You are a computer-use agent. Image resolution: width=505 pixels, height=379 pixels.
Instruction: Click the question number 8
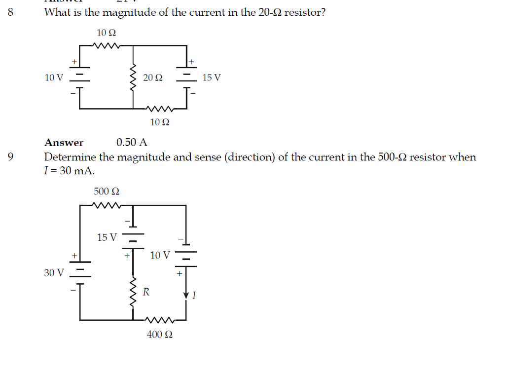click(11, 12)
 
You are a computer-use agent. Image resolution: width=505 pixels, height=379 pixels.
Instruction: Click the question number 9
click(11, 157)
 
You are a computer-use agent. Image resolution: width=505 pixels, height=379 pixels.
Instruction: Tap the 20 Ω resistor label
click(152, 78)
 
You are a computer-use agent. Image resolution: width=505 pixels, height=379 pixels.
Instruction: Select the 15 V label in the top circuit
click(212, 78)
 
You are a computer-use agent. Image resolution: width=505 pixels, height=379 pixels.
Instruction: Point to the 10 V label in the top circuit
click(54, 78)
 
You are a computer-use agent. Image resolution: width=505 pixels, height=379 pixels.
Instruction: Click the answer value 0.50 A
click(132, 143)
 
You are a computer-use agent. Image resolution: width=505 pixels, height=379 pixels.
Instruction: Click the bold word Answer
click(64, 143)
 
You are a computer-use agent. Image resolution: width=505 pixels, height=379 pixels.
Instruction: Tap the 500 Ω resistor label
click(106, 191)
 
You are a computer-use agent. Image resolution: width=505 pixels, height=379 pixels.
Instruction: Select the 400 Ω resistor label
click(160, 335)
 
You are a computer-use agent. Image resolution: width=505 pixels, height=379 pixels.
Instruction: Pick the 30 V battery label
click(54, 272)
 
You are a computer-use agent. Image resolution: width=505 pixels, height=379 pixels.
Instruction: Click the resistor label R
click(146, 292)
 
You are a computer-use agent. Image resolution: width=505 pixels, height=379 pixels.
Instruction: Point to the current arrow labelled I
click(186, 295)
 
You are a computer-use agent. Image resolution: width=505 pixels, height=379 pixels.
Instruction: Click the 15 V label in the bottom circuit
click(107, 237)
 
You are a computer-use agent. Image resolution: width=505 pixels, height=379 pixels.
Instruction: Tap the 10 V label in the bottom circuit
click(160, 255)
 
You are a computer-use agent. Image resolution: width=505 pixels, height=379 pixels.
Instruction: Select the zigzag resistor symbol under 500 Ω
click(107, 205)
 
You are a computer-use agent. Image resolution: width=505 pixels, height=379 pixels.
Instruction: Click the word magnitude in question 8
click(129, 12)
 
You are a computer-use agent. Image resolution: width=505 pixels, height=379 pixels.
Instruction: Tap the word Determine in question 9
click(70, 157)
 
